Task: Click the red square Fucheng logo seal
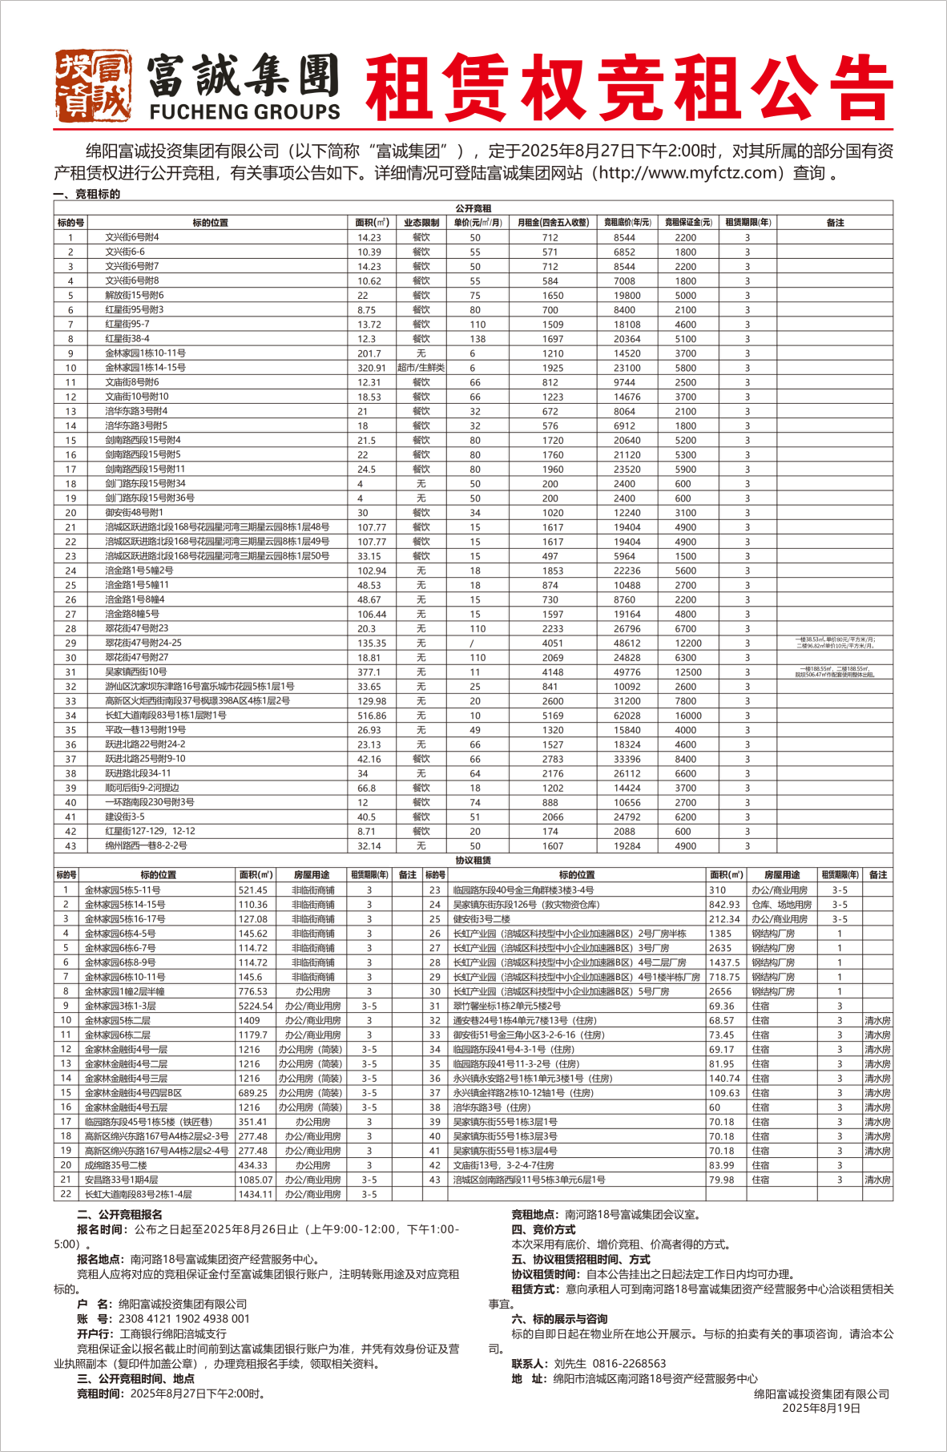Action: pos(93,86)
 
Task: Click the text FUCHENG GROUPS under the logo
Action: pos(244,112)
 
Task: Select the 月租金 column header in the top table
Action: pos(553,223)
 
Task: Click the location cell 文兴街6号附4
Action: pos(132,237)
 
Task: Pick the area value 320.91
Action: pos(371,368)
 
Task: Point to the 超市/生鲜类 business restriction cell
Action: pos(421,368)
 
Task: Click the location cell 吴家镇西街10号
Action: pos(135,672)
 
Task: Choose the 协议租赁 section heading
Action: pos(473,860)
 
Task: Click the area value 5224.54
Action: pos(256,1006)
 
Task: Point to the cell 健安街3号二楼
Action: pos(482,919)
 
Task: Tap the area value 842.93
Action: pos(724,905)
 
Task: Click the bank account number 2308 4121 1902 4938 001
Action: pos(183,1318)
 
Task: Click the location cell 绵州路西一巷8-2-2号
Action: pos(146,846)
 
